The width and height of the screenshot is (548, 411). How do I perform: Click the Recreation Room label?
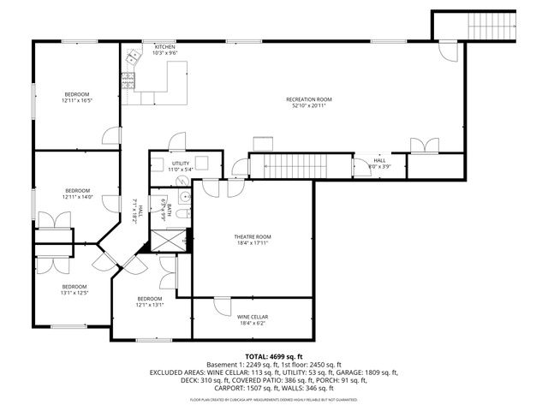pyautogui.click(x=309, y=100)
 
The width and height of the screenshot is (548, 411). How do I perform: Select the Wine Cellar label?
pyautogui.click(x=253, y=317)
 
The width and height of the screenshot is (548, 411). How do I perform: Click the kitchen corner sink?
pyautogui.click(x=134, y=58)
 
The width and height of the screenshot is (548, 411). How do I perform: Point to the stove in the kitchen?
pyautogui.click(x=128, y=81)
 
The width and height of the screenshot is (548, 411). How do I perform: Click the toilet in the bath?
pyautogui.click(x=182, y=194)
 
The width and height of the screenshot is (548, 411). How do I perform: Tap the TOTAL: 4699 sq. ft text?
pyautogui.click(x=274, y=355)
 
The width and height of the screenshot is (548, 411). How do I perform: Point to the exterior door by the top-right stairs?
pyautogui.click(x=446, y=49)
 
